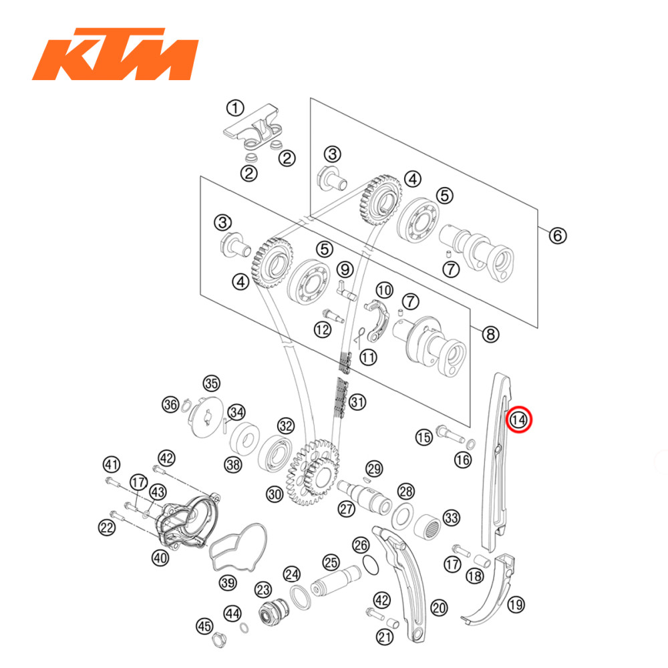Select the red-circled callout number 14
pyautogui.click(x=519, y=420)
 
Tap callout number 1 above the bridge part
pyautogui.click(x=234, y=107)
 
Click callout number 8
pyautogui.click(x=491, y=334)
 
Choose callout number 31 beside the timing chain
pyautogui.click(x=359, y=402)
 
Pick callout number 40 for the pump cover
pyautogui.click(x=160, y=558)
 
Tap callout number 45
pyautogui.click(x=204, y=626)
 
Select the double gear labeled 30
pyautogui.click(x=311, y=478)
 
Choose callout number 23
pyautogui.click(x=263, y=589)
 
